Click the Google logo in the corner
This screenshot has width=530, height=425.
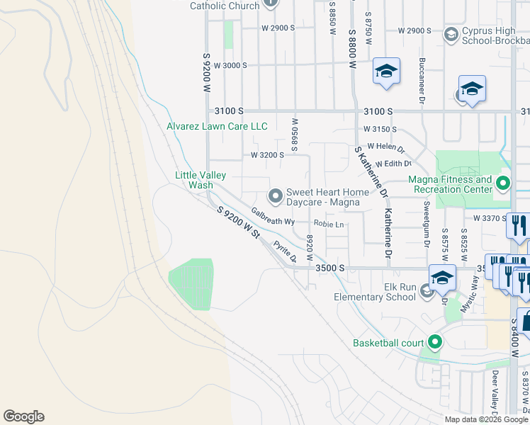pos(23,416)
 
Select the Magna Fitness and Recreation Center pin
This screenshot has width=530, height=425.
pos(503,184)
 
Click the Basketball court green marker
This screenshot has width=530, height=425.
pos(435,343)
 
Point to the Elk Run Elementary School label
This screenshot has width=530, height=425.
pos(375,292)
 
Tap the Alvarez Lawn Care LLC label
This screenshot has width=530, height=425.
pos(217,126)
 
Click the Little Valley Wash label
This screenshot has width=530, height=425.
pos(201,180)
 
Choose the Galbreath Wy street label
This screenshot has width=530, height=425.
pos(273,217)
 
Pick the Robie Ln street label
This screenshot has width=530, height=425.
pos(330,225)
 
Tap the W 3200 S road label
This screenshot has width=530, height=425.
pos(267,154)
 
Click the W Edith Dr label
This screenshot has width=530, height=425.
pos(398,164)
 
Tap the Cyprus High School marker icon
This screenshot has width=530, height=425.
pos(450,34)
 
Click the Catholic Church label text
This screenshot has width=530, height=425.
pos(225,6)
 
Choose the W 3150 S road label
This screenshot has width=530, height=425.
pos(380,130)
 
